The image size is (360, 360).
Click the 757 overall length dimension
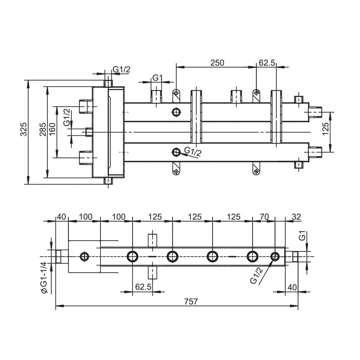[191, 301]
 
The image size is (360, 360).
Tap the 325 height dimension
[24, 129]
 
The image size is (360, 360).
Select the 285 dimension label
[43, 129]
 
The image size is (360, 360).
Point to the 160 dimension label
[52, 129]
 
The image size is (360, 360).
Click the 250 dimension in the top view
[217, 63]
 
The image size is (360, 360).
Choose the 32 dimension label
[296, 216]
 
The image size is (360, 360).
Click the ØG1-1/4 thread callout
[44, 278]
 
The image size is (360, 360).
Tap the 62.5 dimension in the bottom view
[143, 287]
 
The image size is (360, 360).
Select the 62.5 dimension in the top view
[267, 63]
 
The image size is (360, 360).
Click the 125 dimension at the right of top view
[325, 129]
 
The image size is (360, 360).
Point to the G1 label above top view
[157, 78]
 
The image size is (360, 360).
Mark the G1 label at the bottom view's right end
[303, 236]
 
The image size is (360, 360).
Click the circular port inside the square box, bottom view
[84, 256]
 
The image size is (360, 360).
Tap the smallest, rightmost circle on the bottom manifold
[275, 256]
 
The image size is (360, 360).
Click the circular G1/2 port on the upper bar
[176, 112]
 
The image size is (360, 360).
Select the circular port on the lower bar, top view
[176, 152]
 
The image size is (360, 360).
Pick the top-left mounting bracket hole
[176, 93]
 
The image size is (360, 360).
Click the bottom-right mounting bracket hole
[256, 171]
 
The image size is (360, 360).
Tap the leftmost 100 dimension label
[86, 216]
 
